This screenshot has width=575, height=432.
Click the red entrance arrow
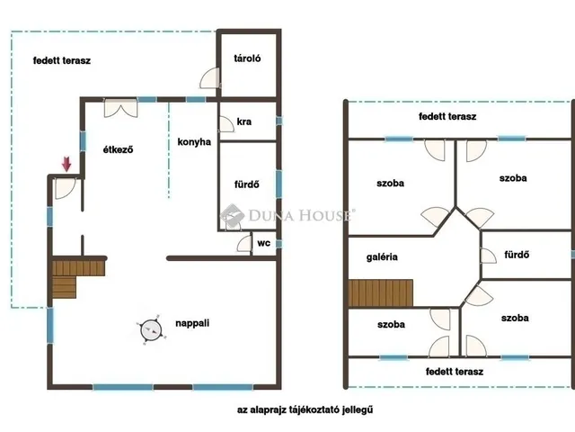[66, 164]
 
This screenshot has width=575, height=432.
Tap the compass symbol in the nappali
[151, 329]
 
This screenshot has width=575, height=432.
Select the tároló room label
[247, 58]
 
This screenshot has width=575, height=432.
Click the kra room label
[243, 121]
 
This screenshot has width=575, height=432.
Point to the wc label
[263, 243]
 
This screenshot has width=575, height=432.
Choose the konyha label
[194, 142]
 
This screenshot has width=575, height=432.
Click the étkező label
[118, 149]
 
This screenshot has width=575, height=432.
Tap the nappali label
[192, 323]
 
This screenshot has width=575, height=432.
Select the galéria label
[382, 256]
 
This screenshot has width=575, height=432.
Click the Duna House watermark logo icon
[232, 216]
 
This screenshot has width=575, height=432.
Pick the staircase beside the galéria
[380, 292]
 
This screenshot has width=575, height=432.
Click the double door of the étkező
[120, 108]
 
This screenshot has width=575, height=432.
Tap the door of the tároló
[210, 78]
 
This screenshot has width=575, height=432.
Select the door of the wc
[244, 244]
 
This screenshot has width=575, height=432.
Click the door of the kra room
[226, 124]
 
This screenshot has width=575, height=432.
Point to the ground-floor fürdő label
[247, 184]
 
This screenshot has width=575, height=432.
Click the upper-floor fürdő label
[517, 254]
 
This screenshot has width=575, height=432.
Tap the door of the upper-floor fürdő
[488, 256]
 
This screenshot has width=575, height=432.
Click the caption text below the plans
[305, 409]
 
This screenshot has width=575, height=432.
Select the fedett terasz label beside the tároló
[62, 60]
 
